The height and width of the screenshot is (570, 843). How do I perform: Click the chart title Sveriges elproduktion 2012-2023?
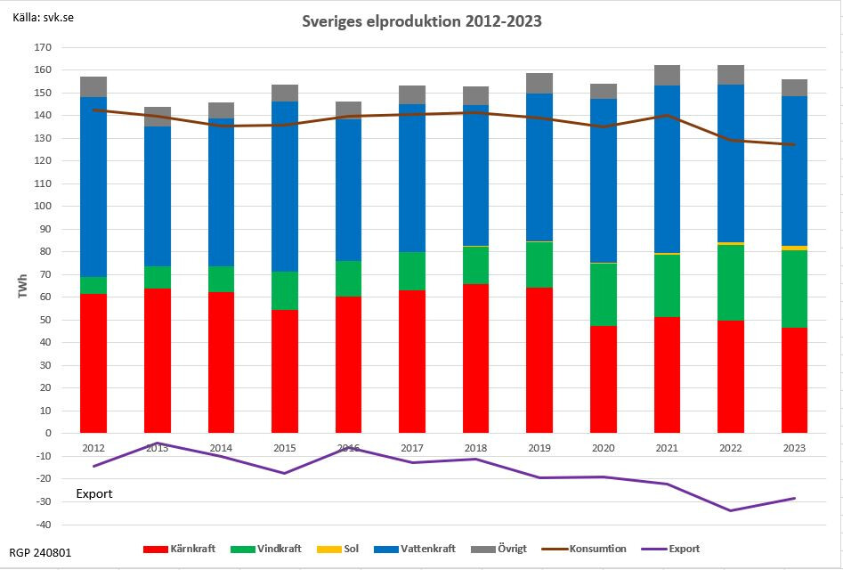click(x=421, y=20)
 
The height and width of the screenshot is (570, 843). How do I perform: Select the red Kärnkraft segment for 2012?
click(x=93, y=363)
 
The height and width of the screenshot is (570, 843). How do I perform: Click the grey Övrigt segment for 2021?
click(x=667, y=76)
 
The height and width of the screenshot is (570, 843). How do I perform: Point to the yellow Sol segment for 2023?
click(x=795, y=248)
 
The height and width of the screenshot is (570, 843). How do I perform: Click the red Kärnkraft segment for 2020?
click(x=604, y=379)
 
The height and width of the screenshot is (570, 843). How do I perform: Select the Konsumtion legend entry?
click(x=588, y=549)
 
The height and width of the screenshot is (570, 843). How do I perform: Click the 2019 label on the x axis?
click(x=539, y=448)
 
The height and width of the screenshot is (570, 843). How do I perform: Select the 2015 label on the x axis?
click(x=285, y=448)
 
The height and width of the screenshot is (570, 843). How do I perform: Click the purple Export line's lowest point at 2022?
click(x=731, y=510)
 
